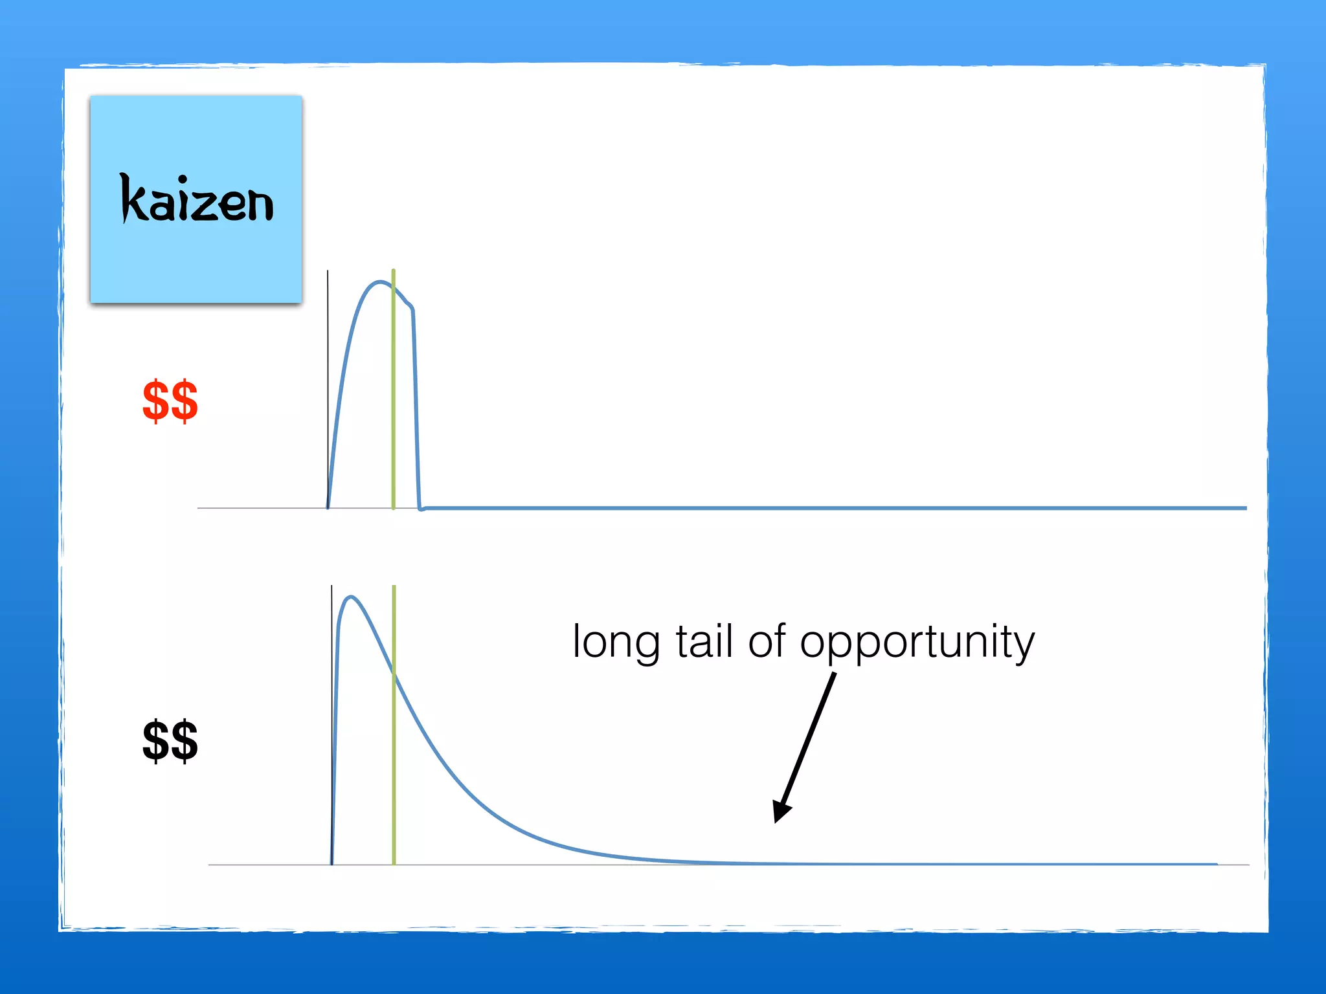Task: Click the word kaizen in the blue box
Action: click(197, 199)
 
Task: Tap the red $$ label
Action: click(170, 401)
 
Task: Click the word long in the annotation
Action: click(616, 643)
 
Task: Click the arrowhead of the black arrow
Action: click(780, 812)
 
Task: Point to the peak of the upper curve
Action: click(380, 282)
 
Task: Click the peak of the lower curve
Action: click(351, 597)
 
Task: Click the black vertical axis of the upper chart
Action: click(328, 388)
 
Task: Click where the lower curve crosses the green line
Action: click(394, 673)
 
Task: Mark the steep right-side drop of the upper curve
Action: click(416, 408)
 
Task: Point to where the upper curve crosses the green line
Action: click(393, 286)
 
